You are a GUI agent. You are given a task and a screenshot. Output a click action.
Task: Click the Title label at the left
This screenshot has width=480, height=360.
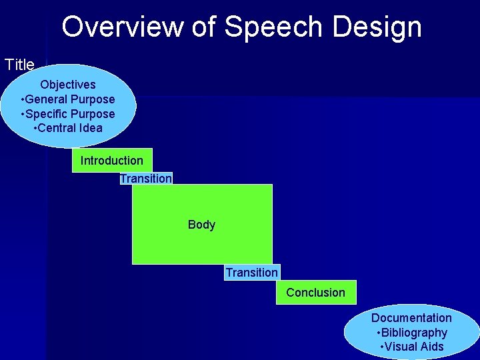point(19,65)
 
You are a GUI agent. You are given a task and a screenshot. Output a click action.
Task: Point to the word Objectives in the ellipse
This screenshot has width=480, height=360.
point(67,85)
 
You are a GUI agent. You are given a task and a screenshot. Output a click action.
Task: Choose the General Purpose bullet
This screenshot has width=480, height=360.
point(67,99)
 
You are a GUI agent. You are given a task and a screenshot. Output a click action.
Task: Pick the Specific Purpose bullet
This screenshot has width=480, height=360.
point(67,114)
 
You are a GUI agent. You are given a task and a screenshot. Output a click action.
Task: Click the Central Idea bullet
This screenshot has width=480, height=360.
point(67,128)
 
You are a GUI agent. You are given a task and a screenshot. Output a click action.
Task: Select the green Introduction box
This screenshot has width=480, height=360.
point(112,161)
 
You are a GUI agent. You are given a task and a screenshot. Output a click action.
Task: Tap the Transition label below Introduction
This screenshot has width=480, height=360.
point(146,178)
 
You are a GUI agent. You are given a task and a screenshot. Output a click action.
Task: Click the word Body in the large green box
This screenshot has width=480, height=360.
point(201,225)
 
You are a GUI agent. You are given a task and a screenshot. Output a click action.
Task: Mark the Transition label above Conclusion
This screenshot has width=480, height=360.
point(251,272)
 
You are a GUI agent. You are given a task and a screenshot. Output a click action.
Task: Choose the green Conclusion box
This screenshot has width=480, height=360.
point(316,293)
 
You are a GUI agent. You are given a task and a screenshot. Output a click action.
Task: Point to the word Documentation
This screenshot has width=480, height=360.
point(411,318)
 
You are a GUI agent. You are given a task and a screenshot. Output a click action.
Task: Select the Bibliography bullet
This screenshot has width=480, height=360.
point(411,333)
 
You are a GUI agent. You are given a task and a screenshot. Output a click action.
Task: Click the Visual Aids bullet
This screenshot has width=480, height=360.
point(411,347)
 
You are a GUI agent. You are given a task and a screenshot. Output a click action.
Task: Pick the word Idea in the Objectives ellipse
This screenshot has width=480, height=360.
point(91,128)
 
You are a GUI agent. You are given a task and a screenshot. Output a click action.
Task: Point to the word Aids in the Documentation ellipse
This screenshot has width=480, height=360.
point(431,347)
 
